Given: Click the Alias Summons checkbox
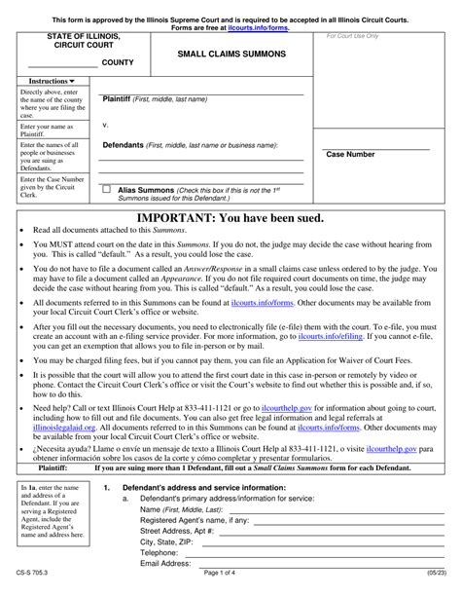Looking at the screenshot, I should tap(107, 190).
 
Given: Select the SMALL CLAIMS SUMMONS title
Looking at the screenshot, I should tap(230, 55).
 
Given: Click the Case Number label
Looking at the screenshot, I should tap(350, 154).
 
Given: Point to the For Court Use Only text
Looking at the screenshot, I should tap(352, 36).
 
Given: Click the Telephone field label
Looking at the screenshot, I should tap(163, 550).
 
